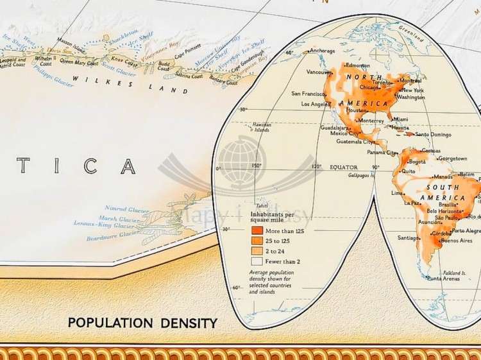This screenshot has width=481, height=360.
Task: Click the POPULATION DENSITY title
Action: pos(142,322)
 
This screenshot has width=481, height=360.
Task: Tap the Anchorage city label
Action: pos(322,51)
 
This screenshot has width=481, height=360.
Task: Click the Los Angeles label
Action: pos(316,104)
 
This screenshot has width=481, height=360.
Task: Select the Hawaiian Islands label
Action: pos(261,127)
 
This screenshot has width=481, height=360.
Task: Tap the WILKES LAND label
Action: pos(131,84)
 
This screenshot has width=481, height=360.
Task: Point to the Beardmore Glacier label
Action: pos(112,236)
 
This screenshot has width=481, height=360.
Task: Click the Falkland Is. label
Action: pos(458,271)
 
